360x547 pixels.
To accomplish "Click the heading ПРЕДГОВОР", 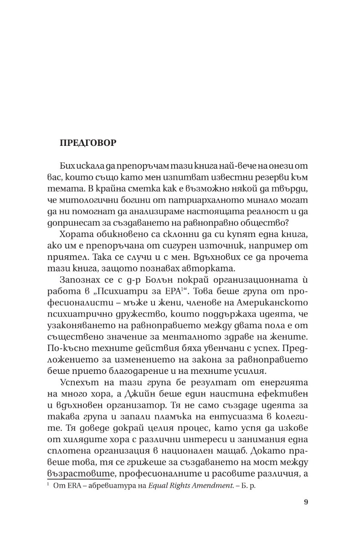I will click(87, 143).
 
